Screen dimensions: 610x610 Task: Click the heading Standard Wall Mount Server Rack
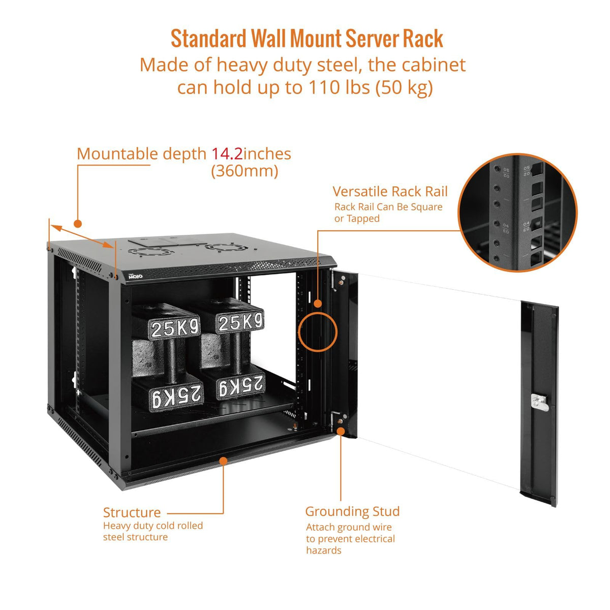coord(307,39)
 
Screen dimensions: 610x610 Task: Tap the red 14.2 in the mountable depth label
coord(227,154)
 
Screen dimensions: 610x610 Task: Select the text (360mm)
coord(245,171)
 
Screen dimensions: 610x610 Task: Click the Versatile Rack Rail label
coord(390,192)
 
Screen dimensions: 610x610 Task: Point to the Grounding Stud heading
coord(352,511)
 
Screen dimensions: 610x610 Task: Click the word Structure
coord(132,512)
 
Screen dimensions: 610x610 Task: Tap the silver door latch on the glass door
coord(538,403)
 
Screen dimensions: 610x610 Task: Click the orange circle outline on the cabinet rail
coord(318,331)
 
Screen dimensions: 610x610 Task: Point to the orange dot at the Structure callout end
coord(223,461)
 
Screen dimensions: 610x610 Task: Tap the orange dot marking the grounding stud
coord(341,431)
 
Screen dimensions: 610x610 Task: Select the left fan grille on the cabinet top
coord(151,252)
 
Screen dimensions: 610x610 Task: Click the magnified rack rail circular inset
coord(517,213)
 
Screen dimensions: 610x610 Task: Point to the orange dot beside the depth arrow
coord(78,223)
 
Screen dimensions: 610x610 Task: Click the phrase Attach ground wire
coord(349,527)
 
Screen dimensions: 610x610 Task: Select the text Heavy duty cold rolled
coord(152,526)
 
